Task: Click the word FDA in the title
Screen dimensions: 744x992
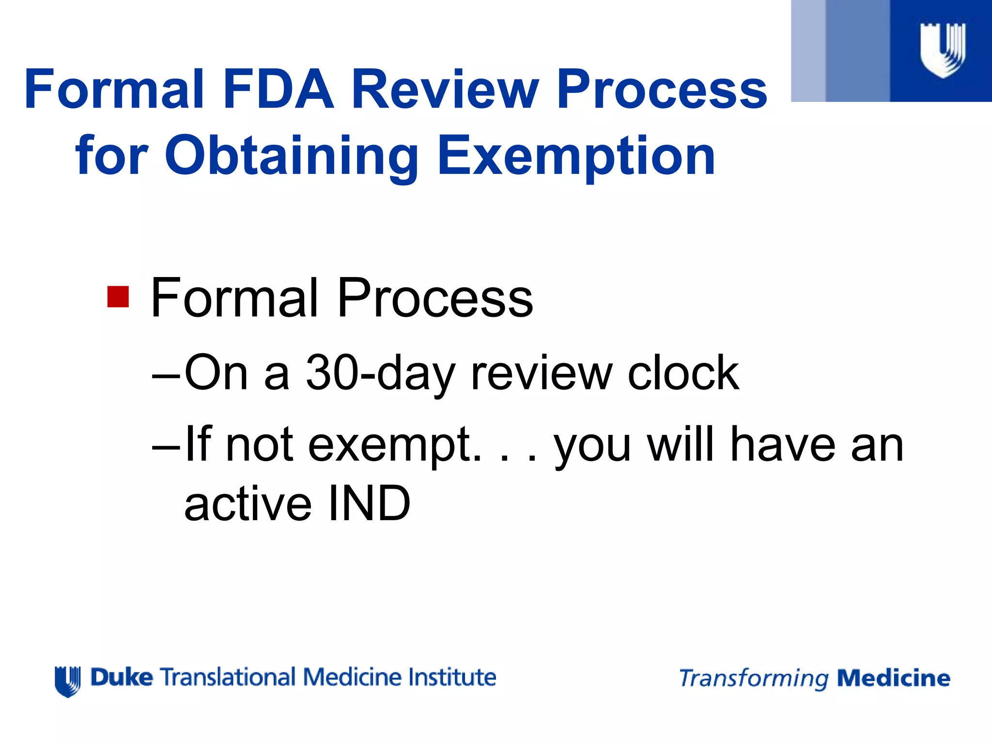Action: point(278,90)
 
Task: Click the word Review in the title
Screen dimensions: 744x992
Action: point(445,90)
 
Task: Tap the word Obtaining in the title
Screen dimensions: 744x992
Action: point(292,156)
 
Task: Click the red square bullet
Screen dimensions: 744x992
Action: point(118,296)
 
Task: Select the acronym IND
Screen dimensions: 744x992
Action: point(369,504)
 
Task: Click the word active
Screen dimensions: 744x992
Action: point(248,504)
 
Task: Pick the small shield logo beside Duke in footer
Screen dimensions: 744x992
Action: point(68,681)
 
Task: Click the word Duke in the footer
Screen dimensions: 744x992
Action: point(122,677)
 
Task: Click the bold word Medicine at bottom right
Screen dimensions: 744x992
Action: point(894,678)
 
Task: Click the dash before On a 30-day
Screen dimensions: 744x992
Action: point(166,376)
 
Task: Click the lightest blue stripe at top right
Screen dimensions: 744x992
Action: point(808,51)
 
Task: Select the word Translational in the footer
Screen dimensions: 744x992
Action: point(228,677)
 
